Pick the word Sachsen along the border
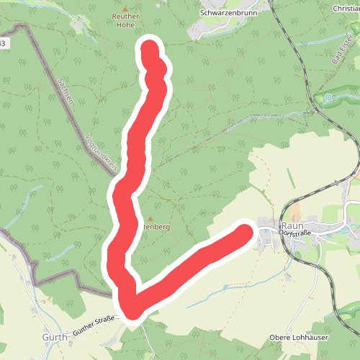(x=66, y=91)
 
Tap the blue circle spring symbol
(x=328, y=97)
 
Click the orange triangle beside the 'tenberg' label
(x=150, y=218)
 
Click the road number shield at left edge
(x=4, y=44)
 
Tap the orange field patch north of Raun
(x=357, y=174)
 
